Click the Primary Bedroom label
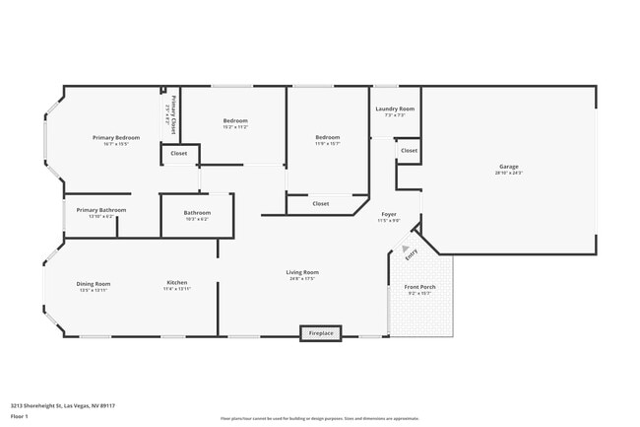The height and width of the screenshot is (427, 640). (x=116, y=137)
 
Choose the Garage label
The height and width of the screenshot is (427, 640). (x=508, y=168)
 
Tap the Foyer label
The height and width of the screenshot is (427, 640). (x=389, y=214)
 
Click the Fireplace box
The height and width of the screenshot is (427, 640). (x=321, y=333)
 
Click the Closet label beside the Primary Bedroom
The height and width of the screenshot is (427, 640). (x=179, y=154)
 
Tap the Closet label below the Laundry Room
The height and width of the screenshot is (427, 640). (x=409, y=151)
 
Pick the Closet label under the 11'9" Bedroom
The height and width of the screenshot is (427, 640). (x=321, y=204)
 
